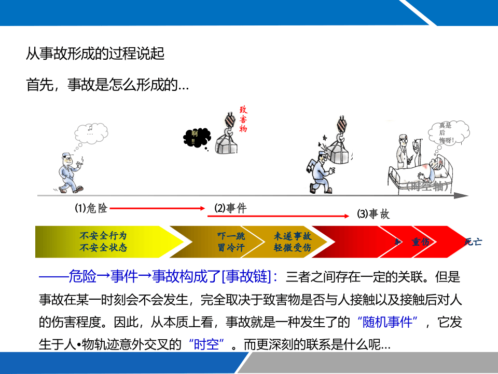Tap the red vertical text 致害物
[x=243, y=119]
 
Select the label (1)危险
[x=91, y=208]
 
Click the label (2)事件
[x=230, y=209]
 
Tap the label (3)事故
[x=373, y=213]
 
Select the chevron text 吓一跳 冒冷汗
[x=231, y=242]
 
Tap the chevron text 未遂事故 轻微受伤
[x=293, y=242]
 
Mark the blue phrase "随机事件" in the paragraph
[x=388, y=323]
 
